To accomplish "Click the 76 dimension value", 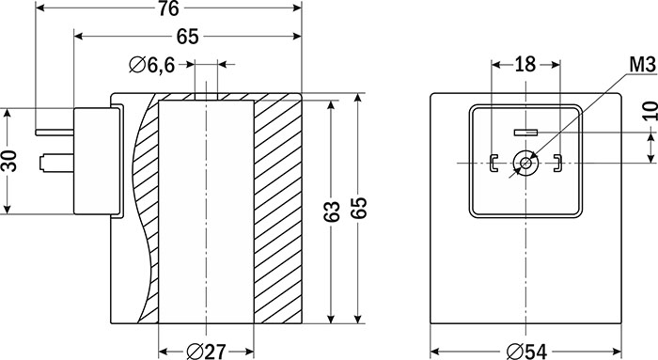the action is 168,8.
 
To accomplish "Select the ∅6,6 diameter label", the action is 152,65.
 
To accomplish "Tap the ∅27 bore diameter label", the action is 206,352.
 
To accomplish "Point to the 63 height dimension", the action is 332,211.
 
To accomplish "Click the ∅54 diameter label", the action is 527,352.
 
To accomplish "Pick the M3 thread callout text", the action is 642,65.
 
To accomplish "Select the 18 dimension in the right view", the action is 525,65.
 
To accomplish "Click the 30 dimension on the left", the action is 9,161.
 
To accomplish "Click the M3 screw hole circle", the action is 525,163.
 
